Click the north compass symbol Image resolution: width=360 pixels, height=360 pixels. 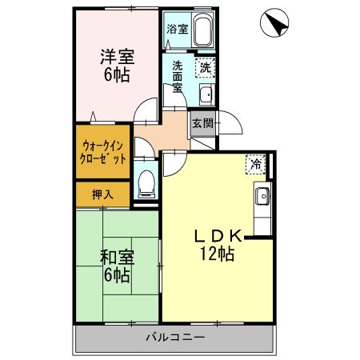pyautogui.click(x=274, y=22)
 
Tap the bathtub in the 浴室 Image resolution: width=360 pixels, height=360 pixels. pyautogui.click(x=203, y=30)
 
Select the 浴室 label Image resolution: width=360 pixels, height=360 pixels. pyautogui.click(x=178, y=29)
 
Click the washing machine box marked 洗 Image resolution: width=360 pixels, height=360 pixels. pyautogui.click(x=205, y=68)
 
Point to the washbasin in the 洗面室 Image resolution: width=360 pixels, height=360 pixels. pyautogui.click(x=207, y=94)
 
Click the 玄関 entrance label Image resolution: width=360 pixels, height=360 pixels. pyautogui.click(x=203, y=123)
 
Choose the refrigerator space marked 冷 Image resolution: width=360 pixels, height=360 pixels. pyautogui.click(x=256, y=164)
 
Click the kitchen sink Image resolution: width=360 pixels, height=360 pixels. pyautogui.click(x=263, y=197)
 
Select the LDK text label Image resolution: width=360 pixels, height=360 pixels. pyautogui.click(x=218, y=236)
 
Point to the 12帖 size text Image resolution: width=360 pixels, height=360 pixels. pyautogui.click(x=218, y=254)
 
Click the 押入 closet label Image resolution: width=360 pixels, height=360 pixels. pyautogui.click(x=102, y=195)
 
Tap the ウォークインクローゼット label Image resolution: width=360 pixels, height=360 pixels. pyautogui.click(x=102, y=153)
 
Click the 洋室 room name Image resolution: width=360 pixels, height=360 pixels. pyautogui.click(x=118, y=57)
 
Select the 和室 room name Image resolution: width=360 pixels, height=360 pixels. pyautogui.click(x=118, y=257)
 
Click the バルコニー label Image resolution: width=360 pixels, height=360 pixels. pyautogui.click(x=175, y=338)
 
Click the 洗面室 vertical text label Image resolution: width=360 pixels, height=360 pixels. pyautogui.click(x=178, y=76)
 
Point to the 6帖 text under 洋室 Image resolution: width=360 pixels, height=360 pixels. pyautogui.click(x=117, y=75)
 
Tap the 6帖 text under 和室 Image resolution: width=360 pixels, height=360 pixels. pyautogui.click(x=117, y=275)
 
